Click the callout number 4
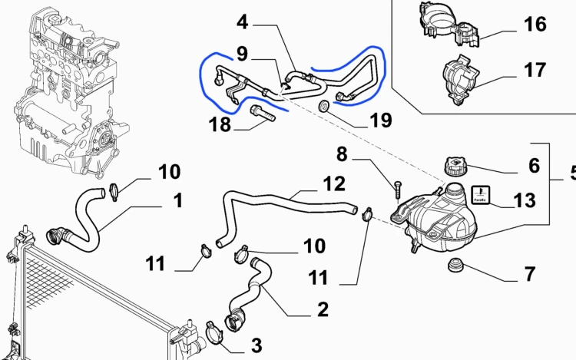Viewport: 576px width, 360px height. click(243, 22)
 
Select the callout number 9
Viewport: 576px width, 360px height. click(242, 54)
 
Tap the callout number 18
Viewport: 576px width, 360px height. click(220, 124)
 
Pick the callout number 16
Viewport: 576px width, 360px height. click(535, 25)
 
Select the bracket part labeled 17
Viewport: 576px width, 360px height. click(458, 80)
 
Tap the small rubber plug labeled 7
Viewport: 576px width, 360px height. click(457, 264)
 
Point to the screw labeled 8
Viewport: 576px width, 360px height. click(399, 190)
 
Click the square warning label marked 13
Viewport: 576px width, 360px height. click(481, 195)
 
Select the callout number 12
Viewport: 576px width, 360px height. click(334, 184)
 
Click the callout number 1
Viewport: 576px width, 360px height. click(178, 200)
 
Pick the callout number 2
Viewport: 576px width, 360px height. click(323, 309)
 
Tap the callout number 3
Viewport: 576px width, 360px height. click(257, 345)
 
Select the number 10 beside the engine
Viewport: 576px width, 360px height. click(170, 171)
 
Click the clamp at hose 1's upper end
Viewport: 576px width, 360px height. click(114, 193)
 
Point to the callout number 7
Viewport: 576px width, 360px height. click(529, 274)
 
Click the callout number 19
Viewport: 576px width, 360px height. click(381, 120)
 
